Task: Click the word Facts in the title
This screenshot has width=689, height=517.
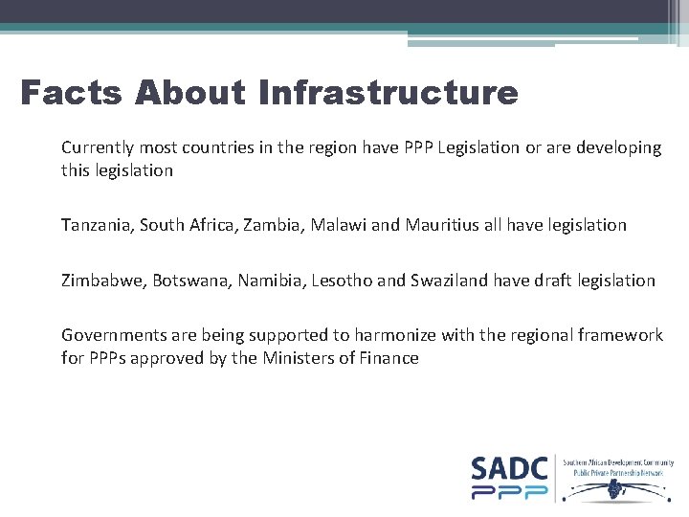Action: [x=71, y=93]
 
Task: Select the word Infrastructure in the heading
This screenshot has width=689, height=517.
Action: [x=388, y=93]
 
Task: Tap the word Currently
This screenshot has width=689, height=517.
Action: [x=99, y=147]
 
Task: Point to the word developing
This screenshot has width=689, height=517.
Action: [x=621, y=147]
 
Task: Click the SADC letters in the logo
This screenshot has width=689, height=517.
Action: [x=509, y=469]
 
